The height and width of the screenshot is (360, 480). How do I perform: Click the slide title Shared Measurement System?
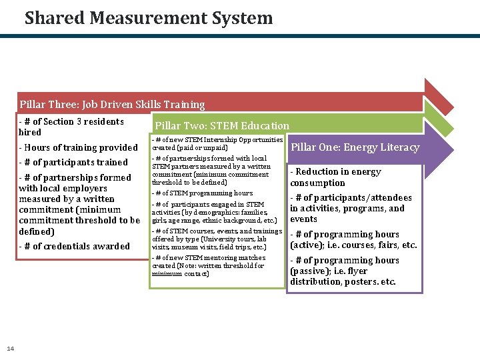[149, 18]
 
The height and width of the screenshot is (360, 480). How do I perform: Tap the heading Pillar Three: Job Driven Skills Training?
[112, 104]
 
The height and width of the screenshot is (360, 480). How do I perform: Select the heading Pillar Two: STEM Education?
[222, 125]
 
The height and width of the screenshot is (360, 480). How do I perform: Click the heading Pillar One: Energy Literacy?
[355, 147]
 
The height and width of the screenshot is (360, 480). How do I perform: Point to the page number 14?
[10, 348]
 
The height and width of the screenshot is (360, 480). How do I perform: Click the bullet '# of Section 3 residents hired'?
[71, 127]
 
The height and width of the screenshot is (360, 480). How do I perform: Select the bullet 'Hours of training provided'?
[79, 147]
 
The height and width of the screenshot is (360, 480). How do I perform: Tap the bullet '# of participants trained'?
[73, 162]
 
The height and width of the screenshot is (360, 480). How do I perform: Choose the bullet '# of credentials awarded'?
[75, 246]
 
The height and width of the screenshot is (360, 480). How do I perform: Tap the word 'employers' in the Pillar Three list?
[85, 188]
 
